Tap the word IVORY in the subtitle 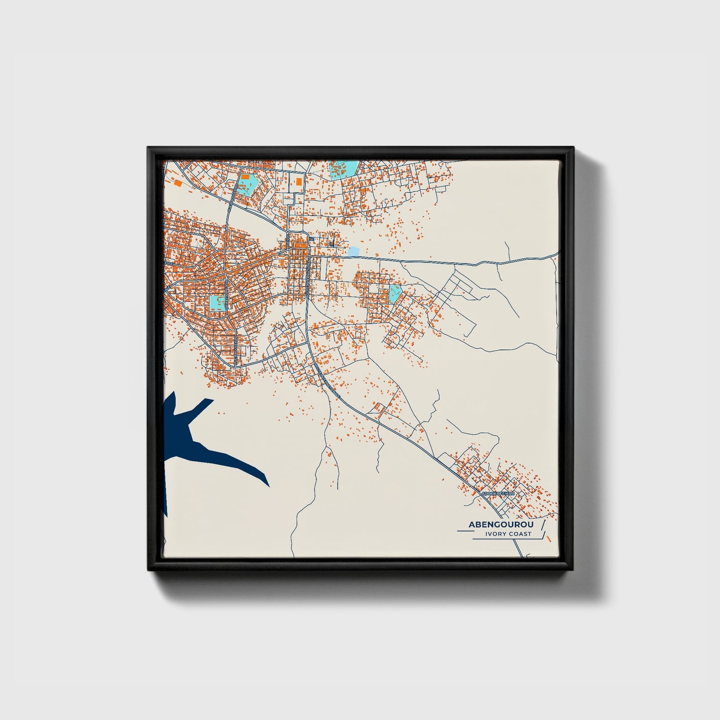click(x=496, y=534)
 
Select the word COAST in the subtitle click(x=520, y=534)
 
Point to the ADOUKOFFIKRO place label click(x=500, y=494)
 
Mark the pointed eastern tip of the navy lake click(x=269, y=486)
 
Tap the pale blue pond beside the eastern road click(x=353, y=252)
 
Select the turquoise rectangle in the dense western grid click(x=217, y=302)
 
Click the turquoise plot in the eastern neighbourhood click(x=395, y=293)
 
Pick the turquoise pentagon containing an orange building click(x=246, y=183)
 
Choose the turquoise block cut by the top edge click(x=343, y=168)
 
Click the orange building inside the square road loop click(x=299, y=182)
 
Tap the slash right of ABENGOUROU click(x=543, y=525)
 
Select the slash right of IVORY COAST click(x=545, y=535)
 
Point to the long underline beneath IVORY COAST click(x=506, y=539)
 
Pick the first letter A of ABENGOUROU click(x=471, y=525)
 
